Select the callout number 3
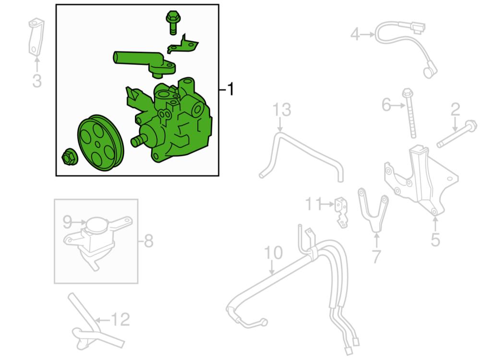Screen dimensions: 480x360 click(x=37, y=81)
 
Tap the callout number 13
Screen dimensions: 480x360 click(x=282, y=109)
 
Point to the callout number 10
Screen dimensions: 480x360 click(x=274, y=253)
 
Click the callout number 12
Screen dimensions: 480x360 click(x=120, y=319)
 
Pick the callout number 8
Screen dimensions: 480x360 click(x=149, y=241)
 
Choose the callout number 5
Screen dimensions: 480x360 click(x=435, y=239)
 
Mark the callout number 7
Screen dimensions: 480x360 click(x=376, y=256)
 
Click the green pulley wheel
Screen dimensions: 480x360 click(x=100, y=143)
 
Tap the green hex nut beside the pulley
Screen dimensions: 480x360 click(x=70, y=157)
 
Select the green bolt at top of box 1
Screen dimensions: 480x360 click(x=172, y=23)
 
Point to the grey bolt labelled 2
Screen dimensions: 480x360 click(x=457, y=134)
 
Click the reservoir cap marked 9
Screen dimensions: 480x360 click(x=98, y=225)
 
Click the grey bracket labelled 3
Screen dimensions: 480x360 click(x=36, y=37)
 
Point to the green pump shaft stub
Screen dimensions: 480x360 click(x=138, y=142)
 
